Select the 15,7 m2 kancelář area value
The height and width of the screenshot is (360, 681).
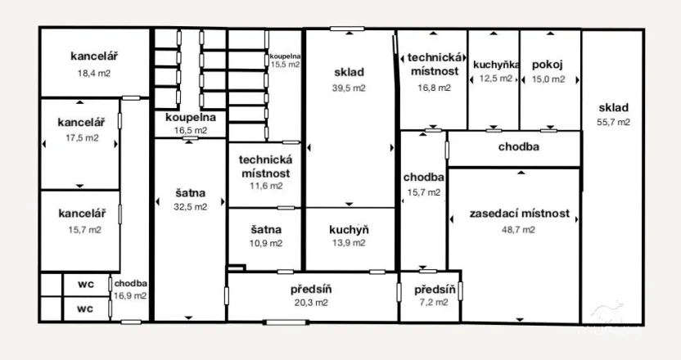pyautogui.click(x=84, y=230)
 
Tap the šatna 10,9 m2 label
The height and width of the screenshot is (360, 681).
pyautogui.click(x=266, y=236)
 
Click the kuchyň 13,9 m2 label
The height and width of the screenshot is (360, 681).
pyautogui.click(x=349, y=236)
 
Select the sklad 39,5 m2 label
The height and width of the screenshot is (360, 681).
pyautogui.click(x=349, y=79)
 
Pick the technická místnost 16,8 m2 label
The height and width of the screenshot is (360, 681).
pyautogui.click(x=434, y=72)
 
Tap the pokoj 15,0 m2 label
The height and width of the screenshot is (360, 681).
pyautogui.click(x=547, y=71)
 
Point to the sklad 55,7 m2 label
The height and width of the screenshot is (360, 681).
pyautogui.click(x=613, y=115)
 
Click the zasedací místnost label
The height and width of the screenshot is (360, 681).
pyautogui.click(x=519, y=214)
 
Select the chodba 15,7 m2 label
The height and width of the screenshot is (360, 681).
pyautogui.click(x=423, y=184)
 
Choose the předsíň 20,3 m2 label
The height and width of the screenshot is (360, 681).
pyautogui.click(x=310, y=295)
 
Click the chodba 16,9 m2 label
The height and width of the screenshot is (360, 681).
pyautogui.click(x=131, y=290)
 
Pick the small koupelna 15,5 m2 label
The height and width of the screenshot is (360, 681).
pyautogui.click(x=286, y=59)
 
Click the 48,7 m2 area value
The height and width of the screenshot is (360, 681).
pyautogui.click(x=519, y=230)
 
